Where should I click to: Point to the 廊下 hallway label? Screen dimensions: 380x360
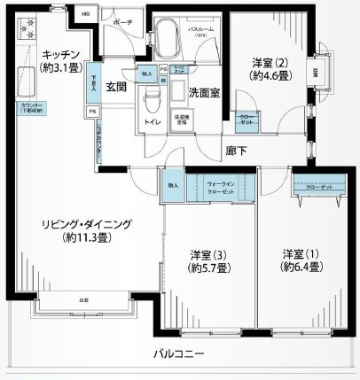pyautogui.click(x=235, y=151)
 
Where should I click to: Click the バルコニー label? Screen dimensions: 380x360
pyautogui.click(x=183, y=353)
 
